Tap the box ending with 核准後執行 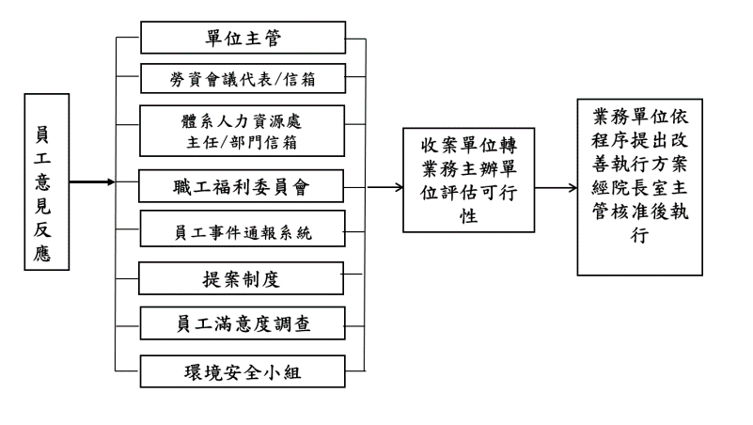coord(639,187)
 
